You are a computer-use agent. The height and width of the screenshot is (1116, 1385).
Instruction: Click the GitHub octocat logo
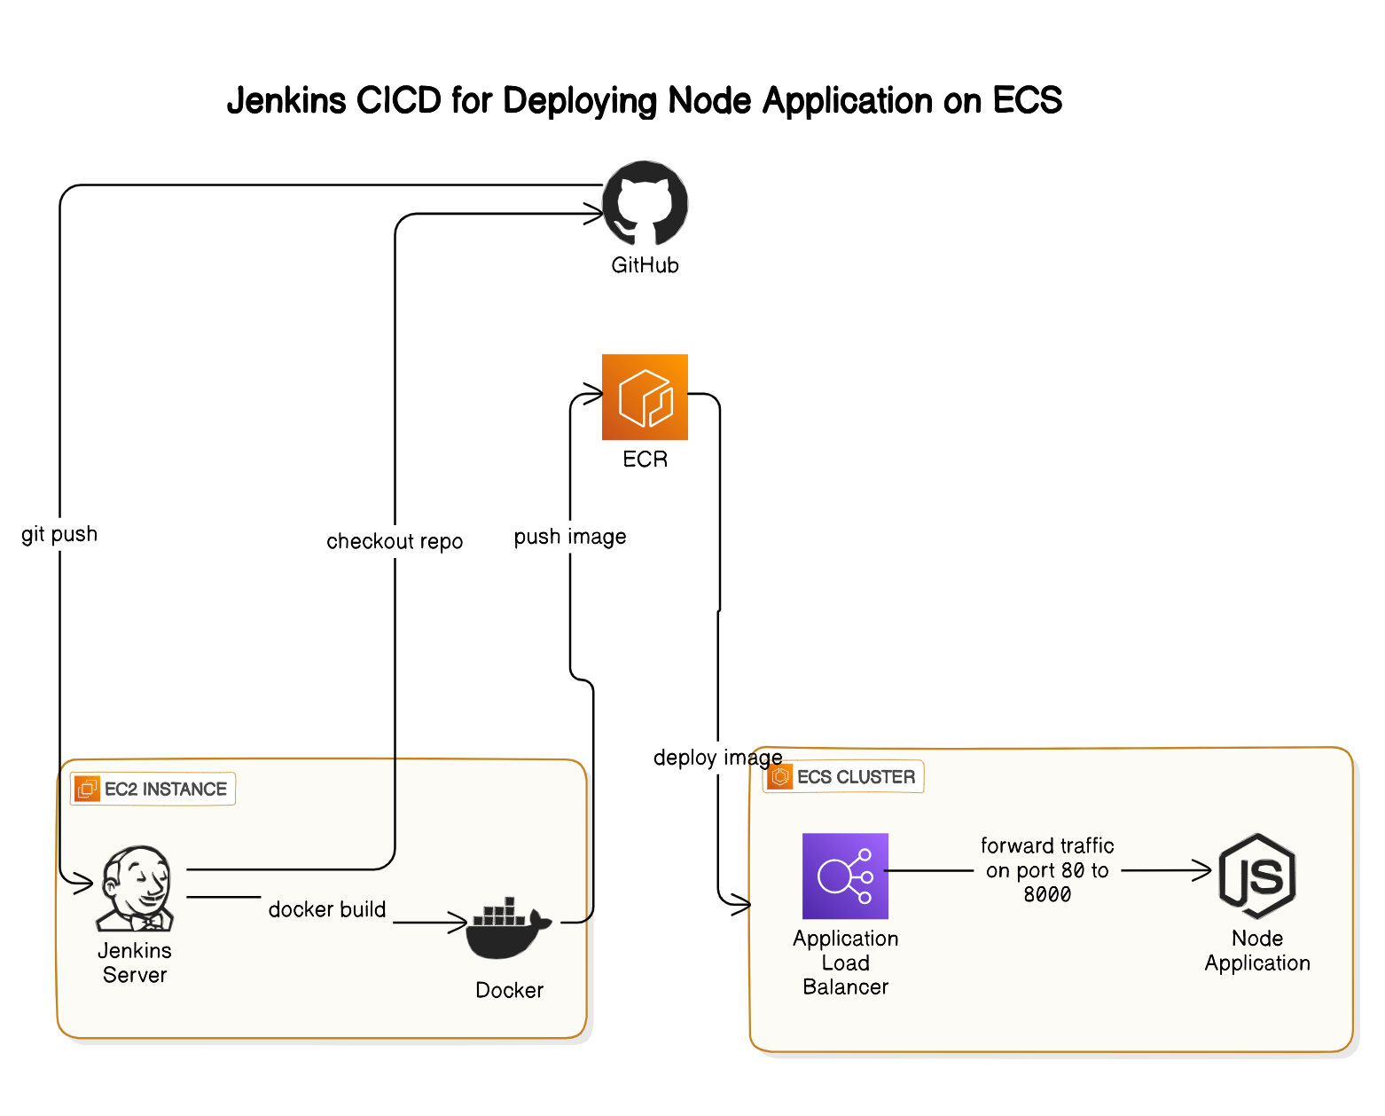pyautogui.click(x=646, y=203)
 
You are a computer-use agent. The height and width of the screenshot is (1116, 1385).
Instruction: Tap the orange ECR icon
pyautogui.click(x=645, y=397)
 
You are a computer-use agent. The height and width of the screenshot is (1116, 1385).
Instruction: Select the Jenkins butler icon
pyautogui.click(x=137, y=888)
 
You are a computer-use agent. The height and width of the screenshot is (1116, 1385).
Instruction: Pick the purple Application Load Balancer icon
pyautogui.click(x=845, y=876)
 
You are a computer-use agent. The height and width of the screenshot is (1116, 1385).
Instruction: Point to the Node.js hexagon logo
pyautogui.click(x=1257, y=876)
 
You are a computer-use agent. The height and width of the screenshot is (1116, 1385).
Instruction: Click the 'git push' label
pyautogui.click(x=59, y=534)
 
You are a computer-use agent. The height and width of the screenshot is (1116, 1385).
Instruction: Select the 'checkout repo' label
pyautogui.click(x=395, y=541)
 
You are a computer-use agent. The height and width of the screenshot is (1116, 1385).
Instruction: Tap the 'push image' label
pyautogui.click(x=570, y=537)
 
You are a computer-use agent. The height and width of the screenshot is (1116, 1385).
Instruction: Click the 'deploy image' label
pyautogui.click(x=717, y=758)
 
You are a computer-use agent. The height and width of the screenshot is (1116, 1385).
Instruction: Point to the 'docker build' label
pyautogui.click(x=327, y=909)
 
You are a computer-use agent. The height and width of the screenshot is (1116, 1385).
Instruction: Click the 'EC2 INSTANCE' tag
pyautogui.click(x=153, y=789)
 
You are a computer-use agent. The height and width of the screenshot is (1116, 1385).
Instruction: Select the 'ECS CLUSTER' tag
pyautogui.click(x=844, y=777)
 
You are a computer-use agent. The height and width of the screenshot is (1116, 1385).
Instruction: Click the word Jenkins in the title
pyautogui.click(x=286, y=101)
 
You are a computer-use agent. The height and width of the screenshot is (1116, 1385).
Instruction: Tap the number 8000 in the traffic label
pyautogui.click(x=1047, y=894)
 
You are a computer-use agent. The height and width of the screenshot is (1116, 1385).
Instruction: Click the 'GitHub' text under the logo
pyautogui.click(x=645, y=265)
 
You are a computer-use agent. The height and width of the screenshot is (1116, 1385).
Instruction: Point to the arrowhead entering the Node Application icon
pyautogui.click(x=1203, y=870)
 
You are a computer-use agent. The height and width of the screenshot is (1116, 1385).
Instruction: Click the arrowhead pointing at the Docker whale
pyautogui.click(x=459, y=923)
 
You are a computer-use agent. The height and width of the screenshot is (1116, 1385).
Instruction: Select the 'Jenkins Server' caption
pyautogui.click(x=135, y=963)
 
